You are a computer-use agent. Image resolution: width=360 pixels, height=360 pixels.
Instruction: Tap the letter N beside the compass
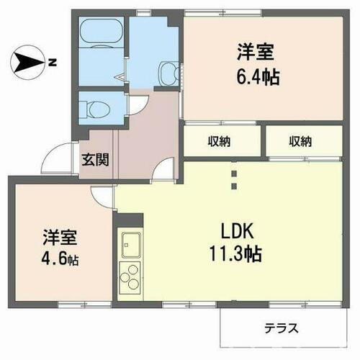pyautogui.click(x=53, y=63)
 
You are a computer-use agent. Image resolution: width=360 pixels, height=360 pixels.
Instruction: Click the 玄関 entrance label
pyautogui.click(x=94, y=160)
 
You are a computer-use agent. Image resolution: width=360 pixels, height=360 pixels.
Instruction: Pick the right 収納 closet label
pyautogui.click(x=301, y=141)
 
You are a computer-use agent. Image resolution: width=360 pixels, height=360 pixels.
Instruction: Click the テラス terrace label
pyautogui.click(x=281, y=328)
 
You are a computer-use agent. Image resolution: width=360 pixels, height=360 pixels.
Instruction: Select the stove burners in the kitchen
pyautogui.click(x=130, y=277)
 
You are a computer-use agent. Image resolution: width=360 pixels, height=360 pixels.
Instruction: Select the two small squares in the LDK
pyautogui.click(x=233, y=180)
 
